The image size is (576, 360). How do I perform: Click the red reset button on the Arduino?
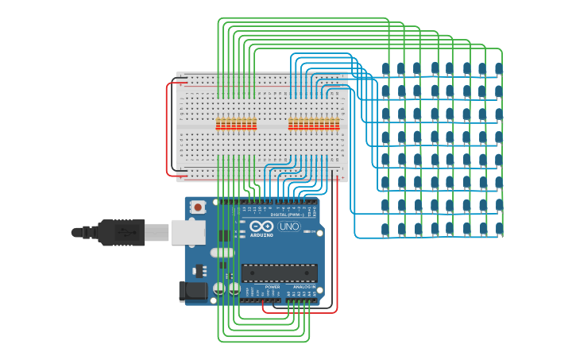coord(197,207)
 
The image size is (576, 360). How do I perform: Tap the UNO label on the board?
coord(289,227)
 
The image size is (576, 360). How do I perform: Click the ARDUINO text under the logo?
coord(261,235)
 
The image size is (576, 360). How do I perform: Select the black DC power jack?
coord(192,292)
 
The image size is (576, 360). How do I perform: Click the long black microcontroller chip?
coord(279,273)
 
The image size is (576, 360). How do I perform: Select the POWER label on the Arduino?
coord(272,287)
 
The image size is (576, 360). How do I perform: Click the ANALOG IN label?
coord(304,287)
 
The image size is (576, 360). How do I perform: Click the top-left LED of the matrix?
coord(386,68)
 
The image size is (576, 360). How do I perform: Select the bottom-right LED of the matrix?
coord(499,229)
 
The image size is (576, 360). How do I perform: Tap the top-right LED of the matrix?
coord(499,68)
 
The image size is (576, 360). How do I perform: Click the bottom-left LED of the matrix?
coord(386,229)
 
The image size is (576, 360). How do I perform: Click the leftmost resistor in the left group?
coord(218,124)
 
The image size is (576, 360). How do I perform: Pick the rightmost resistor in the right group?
coord(337,124)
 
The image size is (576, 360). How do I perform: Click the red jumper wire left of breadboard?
coord(167,127)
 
